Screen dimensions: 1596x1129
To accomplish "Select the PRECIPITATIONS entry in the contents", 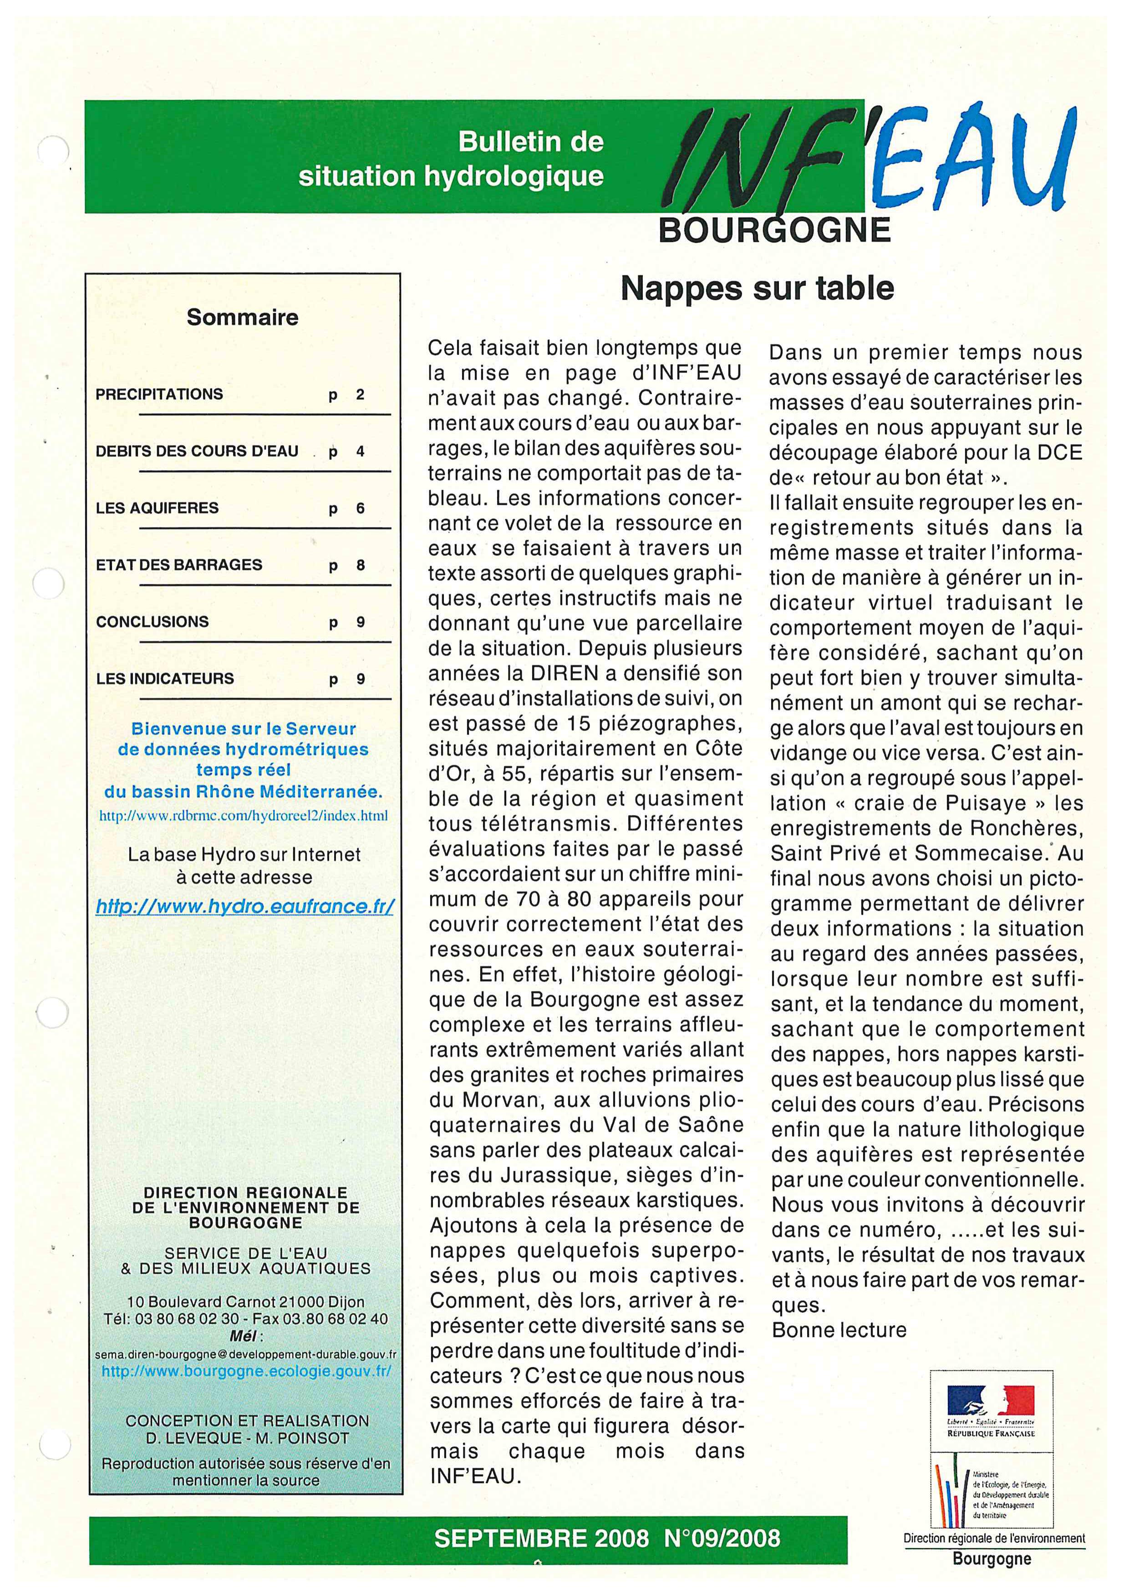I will [x=159, y=394].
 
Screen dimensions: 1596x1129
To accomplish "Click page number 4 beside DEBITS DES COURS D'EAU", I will [x=360, y=451].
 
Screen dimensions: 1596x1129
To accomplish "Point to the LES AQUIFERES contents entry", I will [x=157, y=508].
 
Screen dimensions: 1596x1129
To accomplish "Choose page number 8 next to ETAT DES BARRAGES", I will [x=360, y=565].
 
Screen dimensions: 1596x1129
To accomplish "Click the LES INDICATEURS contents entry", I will [x=165, y=679].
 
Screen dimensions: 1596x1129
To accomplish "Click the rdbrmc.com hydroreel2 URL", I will [x=243, y=816].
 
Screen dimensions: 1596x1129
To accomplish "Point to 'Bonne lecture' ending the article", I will [x=839, y=1330].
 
